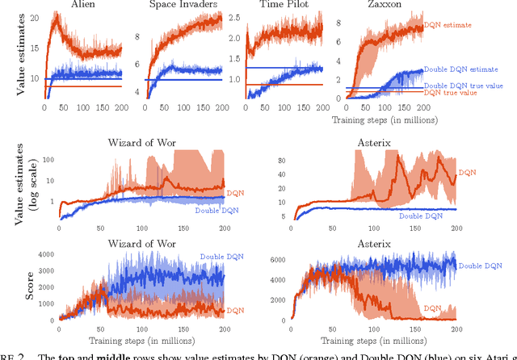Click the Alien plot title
[80, 6]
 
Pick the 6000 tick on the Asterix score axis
[282, 259]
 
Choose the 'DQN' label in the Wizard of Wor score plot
[234, 310]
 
